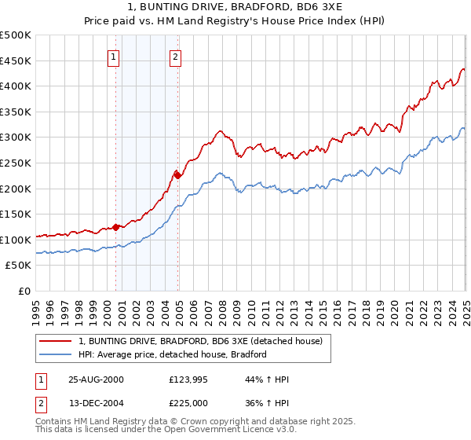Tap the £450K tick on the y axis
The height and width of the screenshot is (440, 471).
[x=16, y=60]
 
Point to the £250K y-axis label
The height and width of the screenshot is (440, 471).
[x=16, y=163]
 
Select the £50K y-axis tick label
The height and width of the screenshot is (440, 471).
[x=20, y=266]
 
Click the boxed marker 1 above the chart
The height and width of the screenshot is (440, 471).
[x=114, y=57]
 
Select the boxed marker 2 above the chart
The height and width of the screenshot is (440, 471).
[x=175, y=57]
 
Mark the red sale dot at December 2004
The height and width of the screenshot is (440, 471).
[x=178, y=175]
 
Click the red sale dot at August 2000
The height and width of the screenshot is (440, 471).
[x=116, y=227]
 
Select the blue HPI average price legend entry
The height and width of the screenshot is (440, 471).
[x=173, y=354]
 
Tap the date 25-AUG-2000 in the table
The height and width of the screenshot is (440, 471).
[x=97, y=379]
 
